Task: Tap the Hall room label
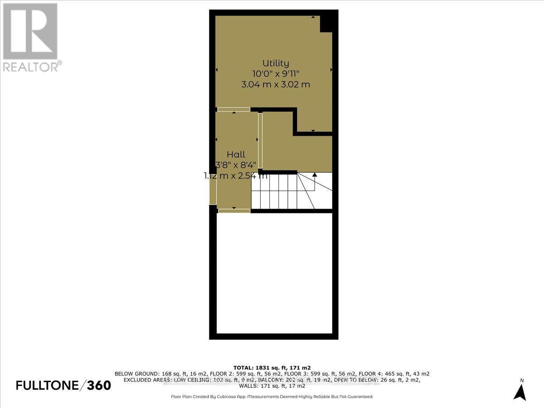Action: (x=236, y=155)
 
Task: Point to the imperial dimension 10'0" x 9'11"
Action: (x=276, y=74)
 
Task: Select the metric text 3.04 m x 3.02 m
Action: (x=276, y=84)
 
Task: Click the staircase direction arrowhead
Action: (x=315, y=175)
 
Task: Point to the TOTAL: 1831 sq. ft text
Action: (x=272, y=367)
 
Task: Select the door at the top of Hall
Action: (x=233, y=109)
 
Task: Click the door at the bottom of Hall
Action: (x=233, y=211)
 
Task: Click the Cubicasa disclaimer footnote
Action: (x=272, y=397)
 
